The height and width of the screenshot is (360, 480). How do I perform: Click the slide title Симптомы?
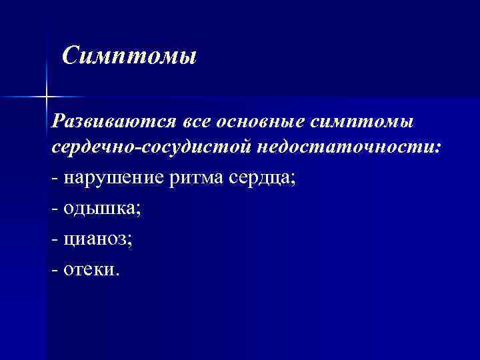click(x=129, y=55)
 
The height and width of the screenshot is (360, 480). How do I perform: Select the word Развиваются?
click(x=113, y=121)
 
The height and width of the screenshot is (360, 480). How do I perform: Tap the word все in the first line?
click(x=199, y=121)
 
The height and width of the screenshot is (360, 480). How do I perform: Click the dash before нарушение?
click(x=54, y=179)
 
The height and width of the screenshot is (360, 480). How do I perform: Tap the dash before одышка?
click(x=54, y=209)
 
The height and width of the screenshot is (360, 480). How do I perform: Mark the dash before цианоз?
click(x=54, y=239)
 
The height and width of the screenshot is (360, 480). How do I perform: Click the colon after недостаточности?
click(x=437, y=148)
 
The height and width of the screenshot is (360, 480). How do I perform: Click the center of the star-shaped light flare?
click(x=46, y=97)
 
